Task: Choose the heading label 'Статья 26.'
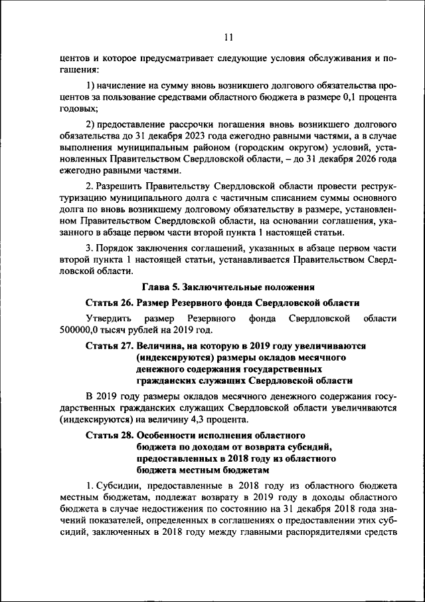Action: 110,303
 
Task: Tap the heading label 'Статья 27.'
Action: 110,347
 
